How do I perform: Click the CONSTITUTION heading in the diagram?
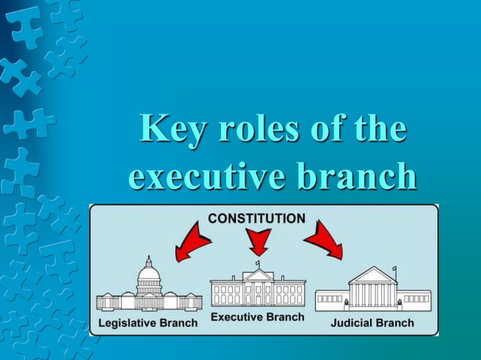[256, 218]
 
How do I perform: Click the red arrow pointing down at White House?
[259, 241]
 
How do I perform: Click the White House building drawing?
[258, 288]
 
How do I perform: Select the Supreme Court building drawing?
[372, 291]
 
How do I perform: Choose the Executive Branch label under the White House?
[257, 317]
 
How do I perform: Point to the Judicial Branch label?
[372, 322]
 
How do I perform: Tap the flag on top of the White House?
[258, 264]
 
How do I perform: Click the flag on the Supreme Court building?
[396, 270]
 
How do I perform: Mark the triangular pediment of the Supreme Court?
[372, 275]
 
